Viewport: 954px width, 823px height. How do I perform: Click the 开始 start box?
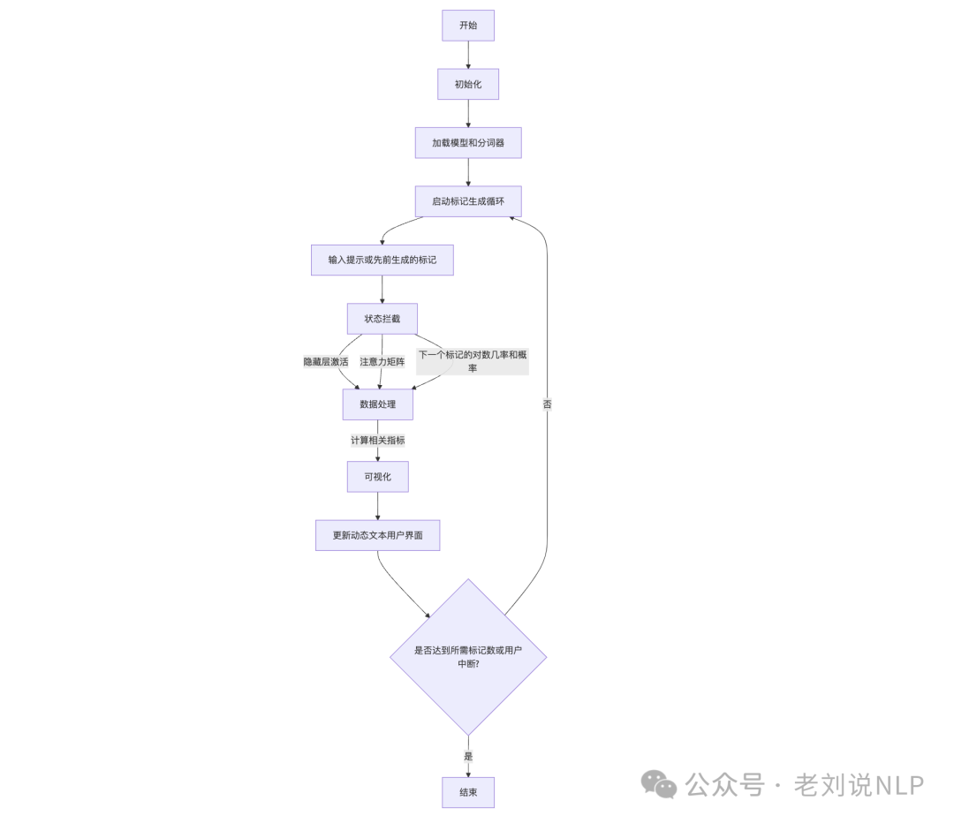point(468,26)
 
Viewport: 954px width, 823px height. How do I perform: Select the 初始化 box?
point(468,85)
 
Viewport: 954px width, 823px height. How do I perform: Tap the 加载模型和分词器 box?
point(468,143)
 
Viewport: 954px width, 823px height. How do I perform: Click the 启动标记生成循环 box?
point(468,201)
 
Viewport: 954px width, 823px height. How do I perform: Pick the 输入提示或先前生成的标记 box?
point(382,260)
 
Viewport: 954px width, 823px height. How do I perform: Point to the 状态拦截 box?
point(382,319)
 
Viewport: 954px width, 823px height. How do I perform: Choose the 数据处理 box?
point(378,404)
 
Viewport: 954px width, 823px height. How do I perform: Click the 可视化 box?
point(378,477)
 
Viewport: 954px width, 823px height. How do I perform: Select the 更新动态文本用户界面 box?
point(377,535)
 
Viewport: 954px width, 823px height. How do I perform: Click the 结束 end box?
point(468,792)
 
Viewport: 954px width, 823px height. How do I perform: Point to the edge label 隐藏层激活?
point(326,362)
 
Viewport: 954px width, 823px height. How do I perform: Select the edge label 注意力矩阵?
point(382,362)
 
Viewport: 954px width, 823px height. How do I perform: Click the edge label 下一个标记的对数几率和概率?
point(473,361)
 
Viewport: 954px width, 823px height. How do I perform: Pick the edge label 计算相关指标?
point(378,440)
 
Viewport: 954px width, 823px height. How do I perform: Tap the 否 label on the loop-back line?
point(547,404)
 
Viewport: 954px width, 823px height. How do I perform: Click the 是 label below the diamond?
point(468,756)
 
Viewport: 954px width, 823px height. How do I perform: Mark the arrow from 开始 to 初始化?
point(468,55)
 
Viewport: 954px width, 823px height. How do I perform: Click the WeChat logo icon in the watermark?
point(659,784)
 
